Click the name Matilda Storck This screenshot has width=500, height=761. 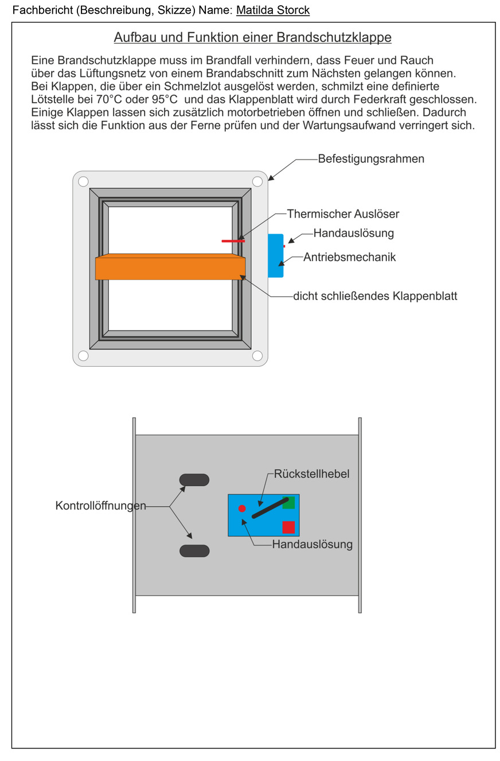(x=273, y=10)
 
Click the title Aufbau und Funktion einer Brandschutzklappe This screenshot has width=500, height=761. (x=252, y=38)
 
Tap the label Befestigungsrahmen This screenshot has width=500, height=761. (x=371, y=159)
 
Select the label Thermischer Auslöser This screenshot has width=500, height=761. (x=343, y=214)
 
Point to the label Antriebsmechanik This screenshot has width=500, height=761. (x=349, y=258)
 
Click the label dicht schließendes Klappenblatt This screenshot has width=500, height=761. (x=375, y=297)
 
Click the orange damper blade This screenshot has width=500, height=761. (x=170, y=267)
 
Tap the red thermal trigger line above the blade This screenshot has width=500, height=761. (x=233, y=241)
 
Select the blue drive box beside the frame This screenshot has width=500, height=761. (x=275, y=256)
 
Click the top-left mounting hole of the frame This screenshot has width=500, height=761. (x=83, y=182)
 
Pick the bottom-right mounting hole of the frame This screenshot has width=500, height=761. (x=257, y=356)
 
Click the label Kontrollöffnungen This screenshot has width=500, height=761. (x=100, y=506)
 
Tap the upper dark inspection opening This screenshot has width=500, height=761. (x=194, y=480)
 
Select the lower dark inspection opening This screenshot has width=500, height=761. (x=194, y=551)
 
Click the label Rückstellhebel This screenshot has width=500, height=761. (x=311, y=474)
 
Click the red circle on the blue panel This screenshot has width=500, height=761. (x=242, y=508)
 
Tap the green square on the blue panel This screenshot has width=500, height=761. (x=288, y=502)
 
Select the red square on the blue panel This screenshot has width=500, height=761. (x=288, y=527)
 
